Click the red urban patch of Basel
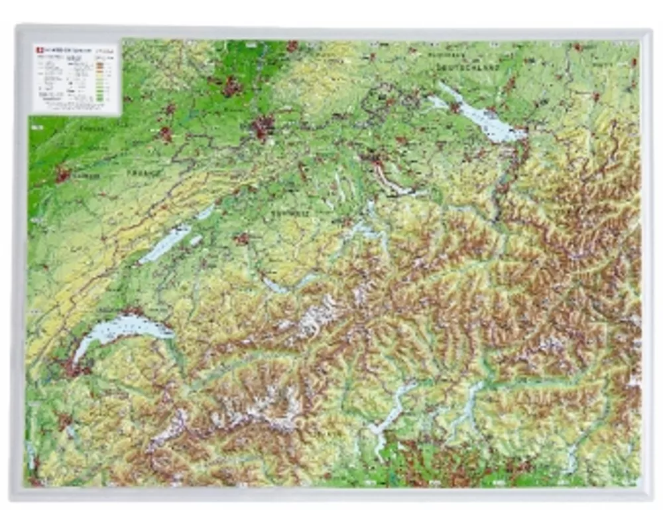pyautogui.click(x=264, y=126)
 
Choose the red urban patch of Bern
pyautogui.click(x=242, y=238)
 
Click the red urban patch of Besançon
pyautogui.click(x=63, y=175)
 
